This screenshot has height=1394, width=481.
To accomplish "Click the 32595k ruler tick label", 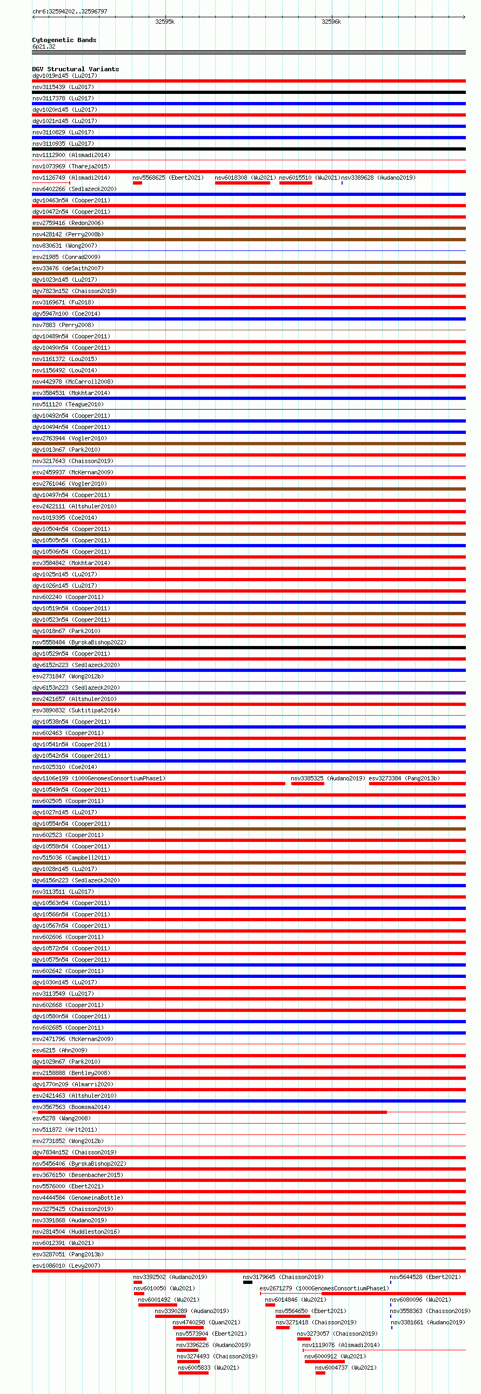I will point(165,22).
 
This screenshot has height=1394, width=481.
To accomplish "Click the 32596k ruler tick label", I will point(331,22).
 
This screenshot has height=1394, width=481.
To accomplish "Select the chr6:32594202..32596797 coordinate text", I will point(70,11).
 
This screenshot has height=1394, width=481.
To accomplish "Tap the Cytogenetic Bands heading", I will point(64,40).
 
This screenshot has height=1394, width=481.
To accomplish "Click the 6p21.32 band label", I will point(44,46).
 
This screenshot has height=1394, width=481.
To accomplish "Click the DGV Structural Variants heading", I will point(75,69).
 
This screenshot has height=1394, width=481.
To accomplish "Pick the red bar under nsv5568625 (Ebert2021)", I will point(137,183).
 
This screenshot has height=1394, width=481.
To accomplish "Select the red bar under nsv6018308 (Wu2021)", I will point(242,183).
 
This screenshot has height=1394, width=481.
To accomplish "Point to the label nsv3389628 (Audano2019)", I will point(378,178).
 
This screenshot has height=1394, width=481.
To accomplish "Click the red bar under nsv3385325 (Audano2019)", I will point(307,784).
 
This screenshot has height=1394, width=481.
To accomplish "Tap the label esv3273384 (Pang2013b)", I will point(404,778).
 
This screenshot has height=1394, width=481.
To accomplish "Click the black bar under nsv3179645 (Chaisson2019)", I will point(248,1282).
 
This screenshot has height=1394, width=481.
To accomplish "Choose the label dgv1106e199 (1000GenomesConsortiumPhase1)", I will point(98,778).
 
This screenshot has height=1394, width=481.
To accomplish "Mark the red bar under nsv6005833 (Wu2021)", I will point(193,1373).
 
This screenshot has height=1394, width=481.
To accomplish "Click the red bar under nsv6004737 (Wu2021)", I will point(320,1373).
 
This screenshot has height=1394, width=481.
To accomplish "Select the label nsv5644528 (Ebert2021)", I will point(425,1277).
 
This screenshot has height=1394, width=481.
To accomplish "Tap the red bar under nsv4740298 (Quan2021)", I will point(188,1328).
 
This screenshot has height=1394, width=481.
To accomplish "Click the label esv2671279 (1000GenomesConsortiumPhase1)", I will point(324,1288).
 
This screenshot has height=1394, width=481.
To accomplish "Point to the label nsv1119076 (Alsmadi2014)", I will point(340,1345).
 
